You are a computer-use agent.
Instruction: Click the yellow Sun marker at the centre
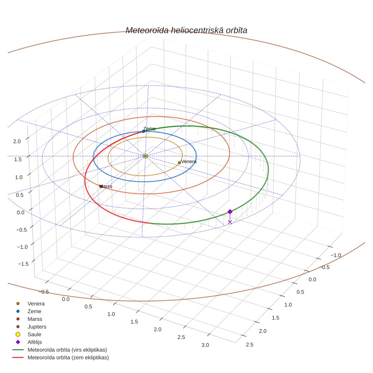[145, 156]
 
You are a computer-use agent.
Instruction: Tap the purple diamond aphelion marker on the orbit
[230, 212]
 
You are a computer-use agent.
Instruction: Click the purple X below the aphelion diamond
[230, 222]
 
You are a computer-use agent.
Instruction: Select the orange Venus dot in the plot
[180, 163]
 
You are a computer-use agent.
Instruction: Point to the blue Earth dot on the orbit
[144, 132]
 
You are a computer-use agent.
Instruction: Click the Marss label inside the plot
[106, 186]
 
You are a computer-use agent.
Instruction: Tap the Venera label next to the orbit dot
[189, 161]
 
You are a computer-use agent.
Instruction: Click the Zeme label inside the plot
[149, 129]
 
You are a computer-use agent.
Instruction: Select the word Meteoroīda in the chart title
[147, 30]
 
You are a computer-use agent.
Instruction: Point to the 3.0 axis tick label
[205, 345]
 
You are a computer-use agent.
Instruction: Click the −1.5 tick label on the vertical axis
[23, 264]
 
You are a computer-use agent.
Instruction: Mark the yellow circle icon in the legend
[18, 334]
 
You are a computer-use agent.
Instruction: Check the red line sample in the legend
[18, 358]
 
